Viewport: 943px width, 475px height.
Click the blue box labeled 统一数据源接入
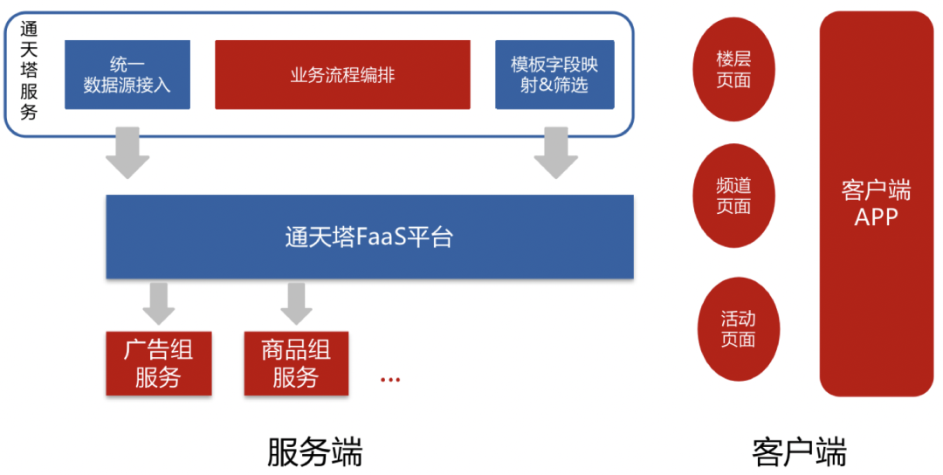(127, 75)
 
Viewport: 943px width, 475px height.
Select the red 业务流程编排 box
(342, 75)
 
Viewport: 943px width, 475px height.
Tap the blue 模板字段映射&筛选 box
(554, 75)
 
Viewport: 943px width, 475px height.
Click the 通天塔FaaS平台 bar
(369, 237)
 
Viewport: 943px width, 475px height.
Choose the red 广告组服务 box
(158, 364)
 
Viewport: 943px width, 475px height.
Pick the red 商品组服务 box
(296, 364)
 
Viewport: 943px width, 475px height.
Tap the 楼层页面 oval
(733, 69)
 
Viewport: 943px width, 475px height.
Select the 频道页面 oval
(733, 196)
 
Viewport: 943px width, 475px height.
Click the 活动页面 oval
(739, 329)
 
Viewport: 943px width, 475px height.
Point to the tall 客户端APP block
(876, 203)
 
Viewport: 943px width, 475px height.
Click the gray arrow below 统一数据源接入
(127, 153)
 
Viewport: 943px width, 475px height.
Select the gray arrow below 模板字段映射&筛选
(555, 153)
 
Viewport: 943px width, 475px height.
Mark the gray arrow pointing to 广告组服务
(159, 302)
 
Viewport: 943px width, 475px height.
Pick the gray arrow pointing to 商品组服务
(297, 302)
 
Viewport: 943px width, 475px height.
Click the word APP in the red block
(876, 217)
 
